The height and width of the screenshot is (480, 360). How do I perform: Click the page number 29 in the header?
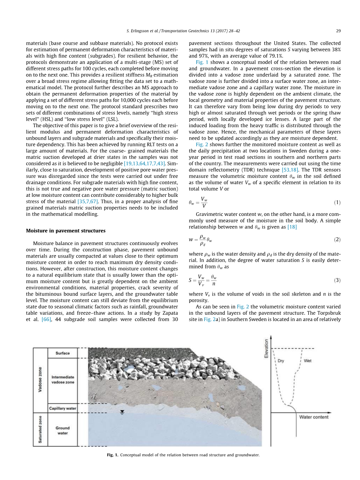pyautogui.click(x=338, y=31)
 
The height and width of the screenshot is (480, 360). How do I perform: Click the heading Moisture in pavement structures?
pyautogui.click(x=65, y=231)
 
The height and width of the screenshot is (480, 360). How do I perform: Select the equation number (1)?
pyautogui.click(x=337, y=202)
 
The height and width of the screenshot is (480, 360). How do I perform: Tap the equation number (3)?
pyautogui.click(x=337, y=280)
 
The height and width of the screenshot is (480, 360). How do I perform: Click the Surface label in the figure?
pyautogui.click(x=62, y=353)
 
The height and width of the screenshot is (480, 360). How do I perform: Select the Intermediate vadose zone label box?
pyautogui.click(x=62, y=380)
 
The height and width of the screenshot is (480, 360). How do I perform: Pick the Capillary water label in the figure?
pyautogui.click(x=62, y=408)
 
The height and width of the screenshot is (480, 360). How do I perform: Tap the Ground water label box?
pyautogui.click(x=62, y=430)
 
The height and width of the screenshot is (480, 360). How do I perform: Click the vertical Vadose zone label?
pyautogui.click(x=40, y=380)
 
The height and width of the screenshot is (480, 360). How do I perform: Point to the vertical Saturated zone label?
pyautogui.click(x=40, y=430)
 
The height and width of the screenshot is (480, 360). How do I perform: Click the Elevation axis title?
pyautogui.click(x=267, y=349)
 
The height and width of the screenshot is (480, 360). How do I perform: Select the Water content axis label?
pyautogui.click(x=314, y=417)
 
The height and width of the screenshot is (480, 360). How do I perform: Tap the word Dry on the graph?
pyautogui.click(x=281, y=361)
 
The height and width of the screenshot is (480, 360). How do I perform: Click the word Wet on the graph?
pyautogui.click(x=307, y=361)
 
